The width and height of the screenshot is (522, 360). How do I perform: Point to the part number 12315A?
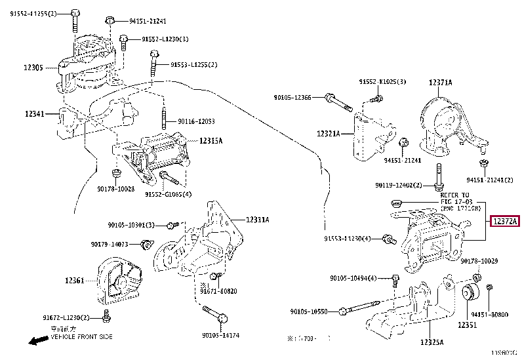point(211,140)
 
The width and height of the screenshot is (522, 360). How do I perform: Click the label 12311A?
point(258,219)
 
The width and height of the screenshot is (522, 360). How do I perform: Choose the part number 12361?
point(73,281)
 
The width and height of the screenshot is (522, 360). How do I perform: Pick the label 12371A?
point(440,83)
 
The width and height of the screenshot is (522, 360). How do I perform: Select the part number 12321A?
point(328,134)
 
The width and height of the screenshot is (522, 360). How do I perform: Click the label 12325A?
point(431,342)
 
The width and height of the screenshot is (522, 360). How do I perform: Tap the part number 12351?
point(467,325)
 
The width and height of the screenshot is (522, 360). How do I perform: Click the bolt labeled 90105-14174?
point(222,319)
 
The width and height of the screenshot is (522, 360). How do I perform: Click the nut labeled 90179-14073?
point(146,245)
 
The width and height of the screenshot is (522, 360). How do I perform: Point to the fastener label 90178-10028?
point(115,189)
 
